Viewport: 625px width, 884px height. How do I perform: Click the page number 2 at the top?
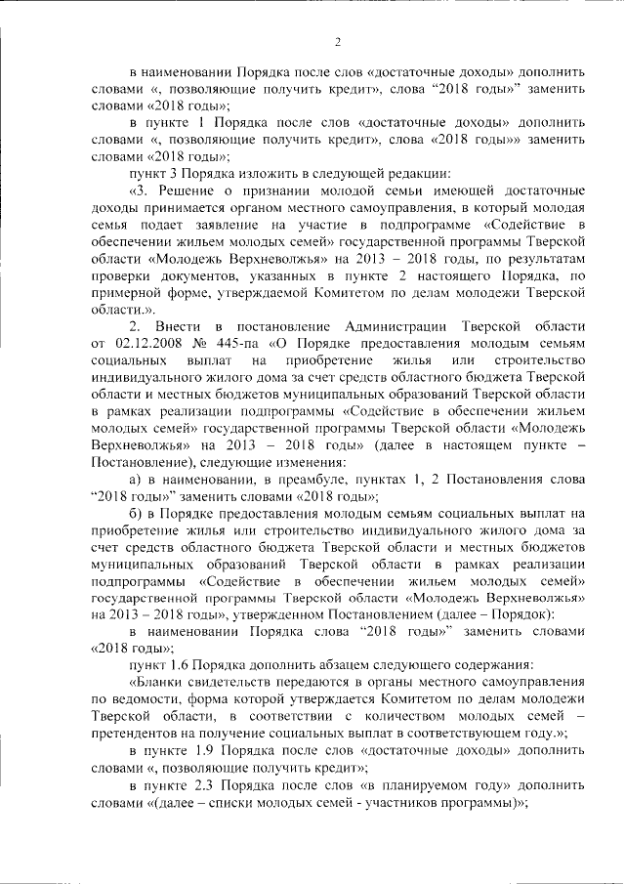(337, 41)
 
